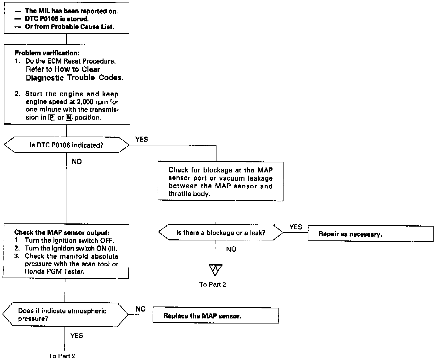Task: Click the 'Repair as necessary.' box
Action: [370, 233]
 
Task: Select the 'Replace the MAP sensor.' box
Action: [216, 316]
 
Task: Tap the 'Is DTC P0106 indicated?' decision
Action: [66, 145]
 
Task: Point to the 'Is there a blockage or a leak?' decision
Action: [220, 233]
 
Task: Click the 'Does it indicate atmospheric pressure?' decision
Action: [65, 314]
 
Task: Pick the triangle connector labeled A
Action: [216, 269]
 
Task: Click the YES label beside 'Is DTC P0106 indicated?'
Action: [141, 139]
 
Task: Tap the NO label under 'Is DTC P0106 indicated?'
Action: [76, 161]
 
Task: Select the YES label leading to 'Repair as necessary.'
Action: [295, 227]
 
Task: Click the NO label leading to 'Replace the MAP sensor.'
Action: [140, 309]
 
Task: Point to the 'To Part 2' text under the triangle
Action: [212, 284]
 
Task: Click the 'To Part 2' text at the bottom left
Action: [62, 356]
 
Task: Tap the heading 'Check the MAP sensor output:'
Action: [62, 233]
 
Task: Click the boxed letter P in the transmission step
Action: [52, 118]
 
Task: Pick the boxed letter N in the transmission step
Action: [69, 118]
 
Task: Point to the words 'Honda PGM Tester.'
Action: [54, 272]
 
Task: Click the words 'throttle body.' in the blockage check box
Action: [188, 194]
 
